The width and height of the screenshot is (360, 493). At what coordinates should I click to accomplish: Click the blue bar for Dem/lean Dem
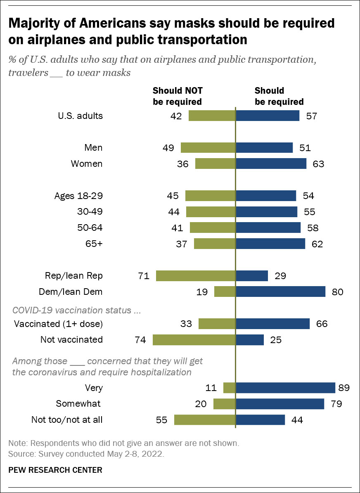280,292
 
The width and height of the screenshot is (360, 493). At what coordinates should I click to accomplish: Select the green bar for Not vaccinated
194,340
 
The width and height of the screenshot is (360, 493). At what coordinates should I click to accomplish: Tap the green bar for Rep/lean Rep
196,276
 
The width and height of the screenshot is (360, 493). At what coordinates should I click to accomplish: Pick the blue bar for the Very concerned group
285,388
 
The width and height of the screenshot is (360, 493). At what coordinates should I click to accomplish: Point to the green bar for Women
215,164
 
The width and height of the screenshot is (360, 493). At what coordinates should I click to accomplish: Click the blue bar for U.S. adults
268,116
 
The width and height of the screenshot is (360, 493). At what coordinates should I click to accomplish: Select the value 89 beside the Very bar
343,388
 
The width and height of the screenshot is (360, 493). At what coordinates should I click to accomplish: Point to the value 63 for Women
318,164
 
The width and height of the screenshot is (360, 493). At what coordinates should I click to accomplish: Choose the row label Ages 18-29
78,196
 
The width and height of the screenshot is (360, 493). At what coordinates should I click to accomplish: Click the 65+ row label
93,244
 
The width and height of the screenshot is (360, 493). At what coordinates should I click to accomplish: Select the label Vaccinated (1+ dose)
58,324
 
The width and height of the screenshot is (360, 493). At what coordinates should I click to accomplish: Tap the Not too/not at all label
67,420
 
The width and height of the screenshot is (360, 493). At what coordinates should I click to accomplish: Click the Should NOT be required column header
178,96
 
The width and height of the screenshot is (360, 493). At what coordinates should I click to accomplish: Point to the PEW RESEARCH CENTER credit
55,470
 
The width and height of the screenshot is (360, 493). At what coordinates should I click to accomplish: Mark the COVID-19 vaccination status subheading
76,310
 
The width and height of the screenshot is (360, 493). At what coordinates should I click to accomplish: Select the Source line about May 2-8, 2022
86,454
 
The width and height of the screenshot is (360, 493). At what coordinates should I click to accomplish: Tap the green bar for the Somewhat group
224,404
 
